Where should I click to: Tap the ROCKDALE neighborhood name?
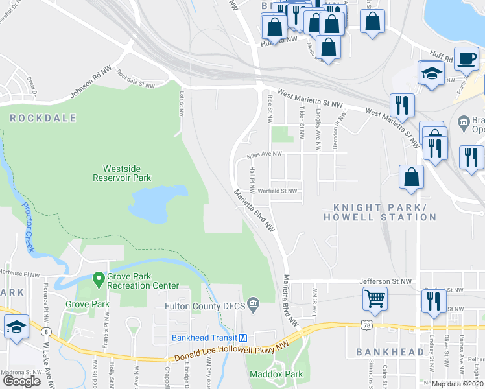pyautogui.click(x=43, y=118)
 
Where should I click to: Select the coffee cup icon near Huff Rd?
pyautogui.click(x=466, y=58)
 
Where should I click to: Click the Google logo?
pyautogui.click(x=21, y=381)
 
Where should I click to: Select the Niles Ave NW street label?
pyautogui.click(x=265, y=154)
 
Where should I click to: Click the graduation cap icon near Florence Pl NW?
pyautogui.click(x=16, y=328)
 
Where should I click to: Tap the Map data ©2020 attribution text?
pyautogui.click(x=458, y=384)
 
